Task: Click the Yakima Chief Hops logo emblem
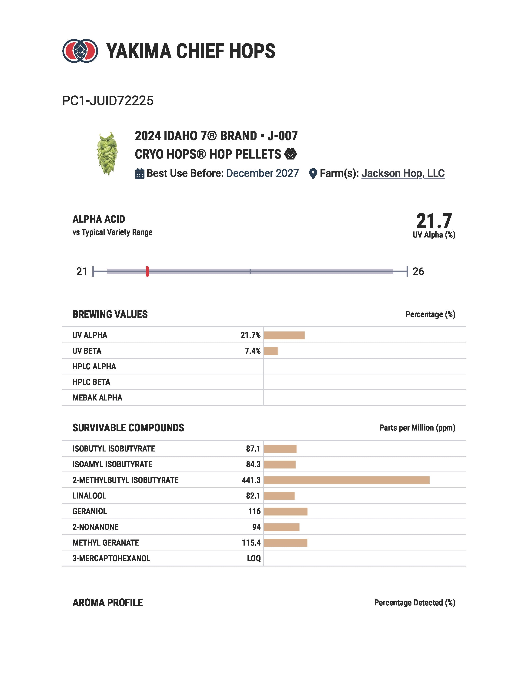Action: [80, 51]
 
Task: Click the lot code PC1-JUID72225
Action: [108, 101]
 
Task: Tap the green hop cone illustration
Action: [107, 153]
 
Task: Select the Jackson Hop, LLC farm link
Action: [403, 173]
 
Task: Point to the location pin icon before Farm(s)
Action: [313, 173]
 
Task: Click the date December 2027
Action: [262, 173]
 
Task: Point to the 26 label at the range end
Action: [418, 271]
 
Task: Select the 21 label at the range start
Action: [82, 271]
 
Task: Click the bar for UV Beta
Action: [271, 351]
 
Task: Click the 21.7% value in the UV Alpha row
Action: [251, 335]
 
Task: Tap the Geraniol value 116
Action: [254, 511]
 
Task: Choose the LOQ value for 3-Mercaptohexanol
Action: [254, 558]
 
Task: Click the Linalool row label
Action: [89, 496]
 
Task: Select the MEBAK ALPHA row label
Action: [97, 398]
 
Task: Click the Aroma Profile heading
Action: [107, 602]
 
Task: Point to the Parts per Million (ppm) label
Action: [417, 428]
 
